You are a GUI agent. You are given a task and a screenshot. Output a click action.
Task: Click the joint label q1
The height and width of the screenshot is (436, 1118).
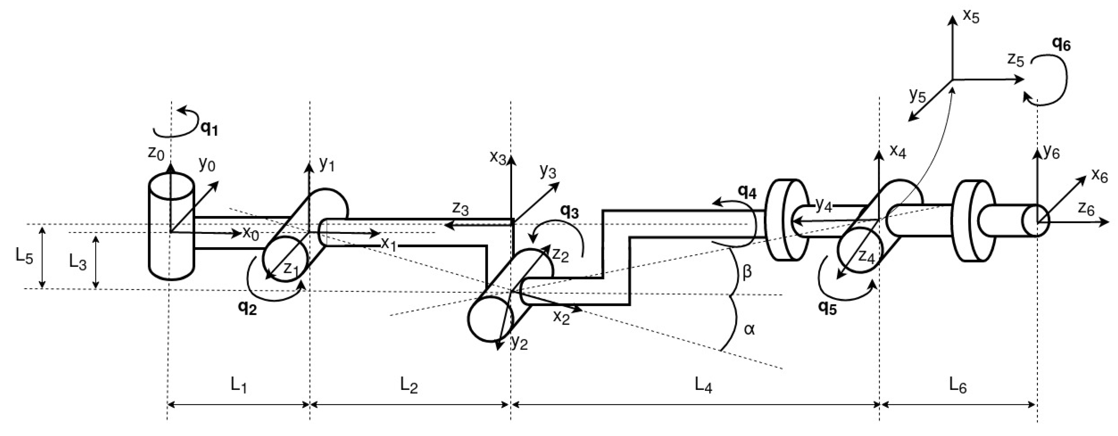click(208, 129)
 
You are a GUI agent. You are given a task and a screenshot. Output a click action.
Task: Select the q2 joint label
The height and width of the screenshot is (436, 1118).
click(247, 307)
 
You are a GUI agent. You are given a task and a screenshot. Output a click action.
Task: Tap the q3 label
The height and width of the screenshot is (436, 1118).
click(569, 211)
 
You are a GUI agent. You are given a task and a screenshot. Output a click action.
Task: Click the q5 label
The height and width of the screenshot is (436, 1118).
click(827, 307)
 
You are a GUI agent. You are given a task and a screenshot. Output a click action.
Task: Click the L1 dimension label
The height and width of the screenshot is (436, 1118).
click(239, 385)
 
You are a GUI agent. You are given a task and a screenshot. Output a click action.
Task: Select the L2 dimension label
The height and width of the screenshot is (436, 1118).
click(409, 385)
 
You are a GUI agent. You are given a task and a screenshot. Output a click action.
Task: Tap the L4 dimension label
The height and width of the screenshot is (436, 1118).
click(703, 385)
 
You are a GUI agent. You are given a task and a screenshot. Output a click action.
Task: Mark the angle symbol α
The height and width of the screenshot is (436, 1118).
click(749, 330)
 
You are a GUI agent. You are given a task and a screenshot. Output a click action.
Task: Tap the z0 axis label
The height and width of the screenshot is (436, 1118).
click(156, 153)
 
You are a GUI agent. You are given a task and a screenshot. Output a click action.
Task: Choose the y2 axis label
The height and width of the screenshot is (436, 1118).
click(519, 343)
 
